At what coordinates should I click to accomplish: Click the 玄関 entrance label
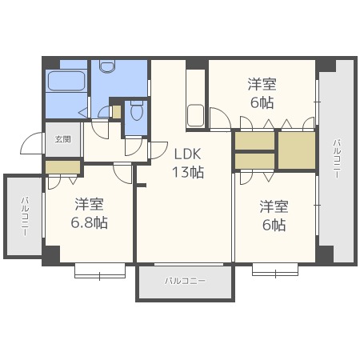click(x=63, y=139)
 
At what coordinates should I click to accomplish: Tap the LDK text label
click(x=187, y=154)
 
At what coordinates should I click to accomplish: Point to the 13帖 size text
click(x=188, y=172)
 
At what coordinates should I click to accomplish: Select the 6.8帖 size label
click(x=89, y=222)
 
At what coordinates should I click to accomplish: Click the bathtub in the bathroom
click(x=66, y=81)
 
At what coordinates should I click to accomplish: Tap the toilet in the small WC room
click(x=137, y=110)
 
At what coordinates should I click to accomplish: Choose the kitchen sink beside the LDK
click(x=196, y=115)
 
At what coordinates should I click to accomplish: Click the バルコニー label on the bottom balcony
click(x=185, y=281)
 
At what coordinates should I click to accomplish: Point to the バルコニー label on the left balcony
click(x=25, y=217)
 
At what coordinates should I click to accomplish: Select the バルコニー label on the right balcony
click(x=337, y=159)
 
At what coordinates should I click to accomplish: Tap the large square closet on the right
click(x=297, y=150)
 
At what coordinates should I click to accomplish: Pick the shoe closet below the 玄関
click(x=63, y=167)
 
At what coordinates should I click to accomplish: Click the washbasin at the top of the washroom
click(x=107, y=66)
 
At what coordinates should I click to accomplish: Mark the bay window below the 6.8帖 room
click(x=100, y=271)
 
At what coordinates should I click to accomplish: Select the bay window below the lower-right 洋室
click(x=275, y=270)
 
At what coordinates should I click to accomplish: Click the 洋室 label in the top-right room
click(x=262, y=84)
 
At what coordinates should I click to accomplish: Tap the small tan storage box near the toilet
click(x=117, y=112)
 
